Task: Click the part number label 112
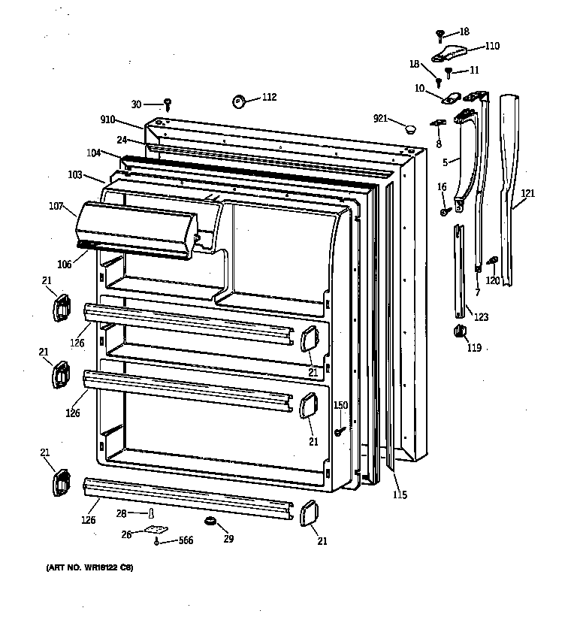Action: [269, 97]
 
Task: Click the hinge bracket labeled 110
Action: [451, 52]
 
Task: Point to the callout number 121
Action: [528, 193]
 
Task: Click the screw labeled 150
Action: [340, 431]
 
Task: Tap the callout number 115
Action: [399, 494]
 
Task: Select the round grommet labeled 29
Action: [210, 521]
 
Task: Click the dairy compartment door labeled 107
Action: [135, 225]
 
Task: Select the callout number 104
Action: [93, 153]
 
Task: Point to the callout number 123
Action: [480, 317]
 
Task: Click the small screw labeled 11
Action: [449, 73]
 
